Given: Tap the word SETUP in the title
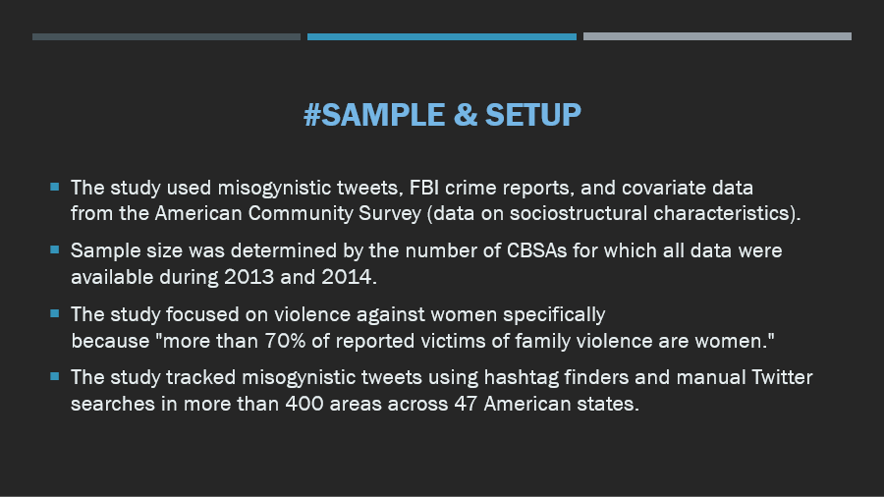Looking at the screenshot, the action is (x=532, y=115).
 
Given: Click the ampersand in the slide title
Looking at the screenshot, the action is (x=466, y=115).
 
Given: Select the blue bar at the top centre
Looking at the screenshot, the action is (x=441, y=36).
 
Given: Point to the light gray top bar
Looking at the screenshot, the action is (x=717, y=36).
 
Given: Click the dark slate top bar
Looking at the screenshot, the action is (x=166, y=36).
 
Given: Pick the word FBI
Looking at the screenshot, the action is (x=424, y=188).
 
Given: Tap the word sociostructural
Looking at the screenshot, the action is (x=578, y=213).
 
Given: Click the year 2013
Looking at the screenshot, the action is (x=249, y=277).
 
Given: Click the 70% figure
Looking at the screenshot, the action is (x=285, y=341).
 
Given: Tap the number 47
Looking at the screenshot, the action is (x=466, y=404).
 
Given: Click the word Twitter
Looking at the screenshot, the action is (x=782, y=377).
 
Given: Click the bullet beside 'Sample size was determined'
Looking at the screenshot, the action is (x=55, y=249).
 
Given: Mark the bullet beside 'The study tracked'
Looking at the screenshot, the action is (x=55, y=376).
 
